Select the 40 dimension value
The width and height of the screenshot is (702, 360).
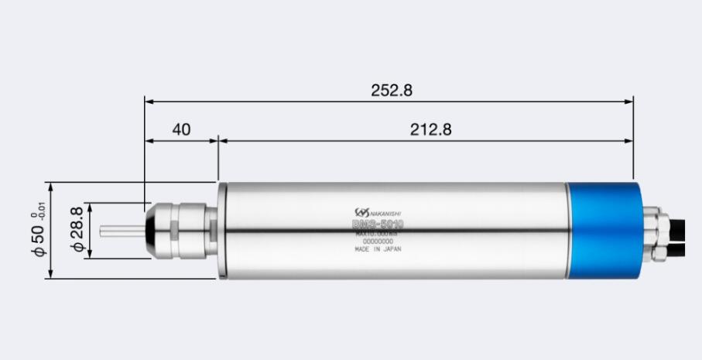pyautogui.click(x=181, y=129)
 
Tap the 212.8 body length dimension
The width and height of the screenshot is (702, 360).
pyautogui.click(x=430, y=129)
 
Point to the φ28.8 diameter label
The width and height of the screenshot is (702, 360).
pyautogui.click(x=76, y=230)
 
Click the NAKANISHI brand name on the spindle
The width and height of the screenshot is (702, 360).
pyautogui.click(x=387, y=213)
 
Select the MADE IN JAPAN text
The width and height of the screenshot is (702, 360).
pyautogui.click(x=378, y=250)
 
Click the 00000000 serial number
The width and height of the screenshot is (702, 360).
pyautogui.click(x=378, y=242)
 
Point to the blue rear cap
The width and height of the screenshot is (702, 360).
pyautogui.click(x=604, y=230)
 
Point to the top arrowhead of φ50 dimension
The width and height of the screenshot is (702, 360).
pyautogui.click(x=50, y=187)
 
